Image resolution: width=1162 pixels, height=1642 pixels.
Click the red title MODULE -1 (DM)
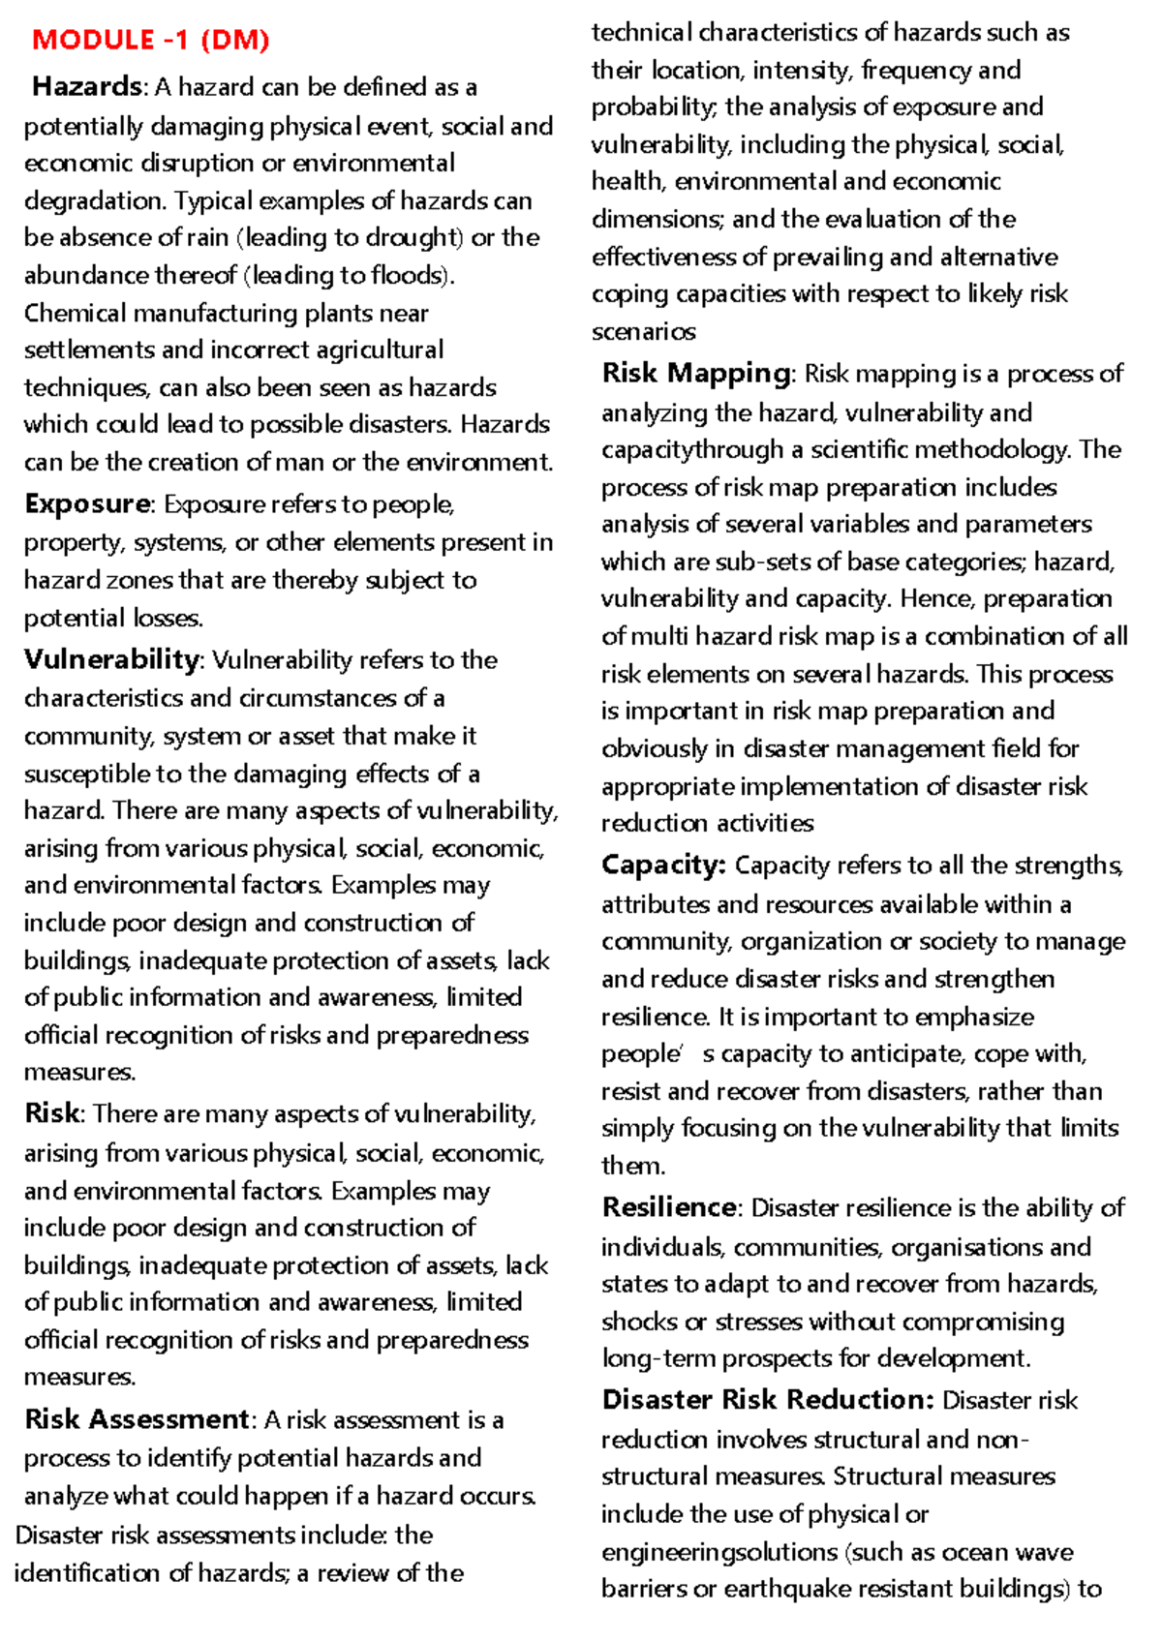[x=150, y=40]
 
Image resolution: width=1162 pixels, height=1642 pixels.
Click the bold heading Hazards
[x=87, y=86]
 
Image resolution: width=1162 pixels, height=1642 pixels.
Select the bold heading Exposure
[x=87, y=504]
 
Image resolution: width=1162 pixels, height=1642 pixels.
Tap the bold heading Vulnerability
[x=111, y=659]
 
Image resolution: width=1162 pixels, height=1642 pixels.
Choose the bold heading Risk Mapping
[x=696, y=373]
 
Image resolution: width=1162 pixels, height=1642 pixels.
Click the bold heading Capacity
[x=662, y=865]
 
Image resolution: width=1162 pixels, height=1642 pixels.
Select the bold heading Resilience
[x=669, y=1207]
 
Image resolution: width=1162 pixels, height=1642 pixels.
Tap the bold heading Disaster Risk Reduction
[x=767, y=1400]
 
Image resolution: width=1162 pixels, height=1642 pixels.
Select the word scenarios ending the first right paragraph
[x=643, y=331]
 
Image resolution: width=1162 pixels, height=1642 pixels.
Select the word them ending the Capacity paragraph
[x=631, y=1166]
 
